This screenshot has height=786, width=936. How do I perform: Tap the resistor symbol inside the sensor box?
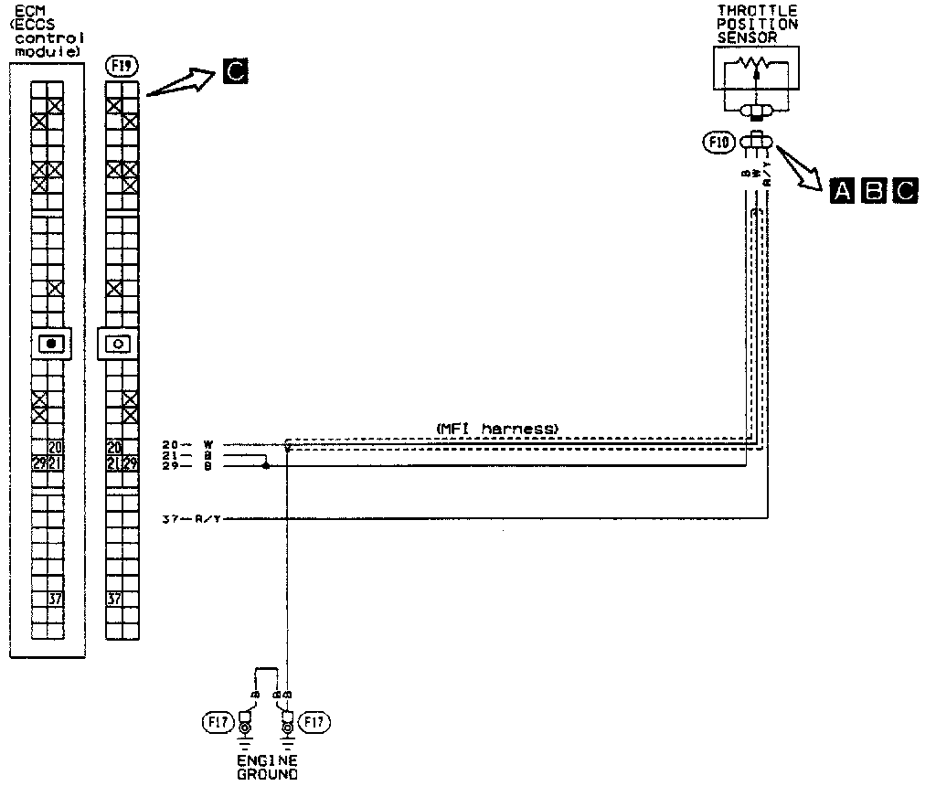tap(755, 66)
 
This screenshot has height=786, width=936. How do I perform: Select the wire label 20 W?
tap(187, 445)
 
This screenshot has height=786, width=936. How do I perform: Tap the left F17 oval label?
tap(213, 723)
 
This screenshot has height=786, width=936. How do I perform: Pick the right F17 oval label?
tap(316, 723)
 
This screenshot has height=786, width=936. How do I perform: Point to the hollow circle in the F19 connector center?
tap(119, 344)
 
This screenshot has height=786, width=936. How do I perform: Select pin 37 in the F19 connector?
tap(114, 600)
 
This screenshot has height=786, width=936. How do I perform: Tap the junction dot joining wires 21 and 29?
tap(266, 465)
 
